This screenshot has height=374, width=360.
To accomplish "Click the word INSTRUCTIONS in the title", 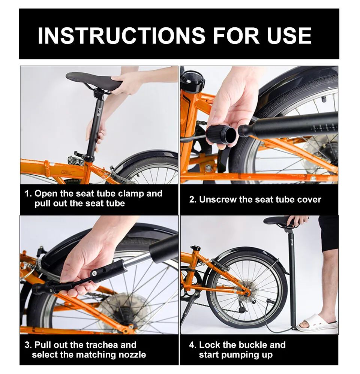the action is tap(121, 36).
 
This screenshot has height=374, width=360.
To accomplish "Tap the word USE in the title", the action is tap(289, 36).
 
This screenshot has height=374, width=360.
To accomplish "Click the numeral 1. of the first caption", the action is tap(28, 193).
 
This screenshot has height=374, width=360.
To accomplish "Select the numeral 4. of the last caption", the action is tap(193, 345).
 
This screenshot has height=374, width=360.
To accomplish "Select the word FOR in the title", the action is tap(236, 36).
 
